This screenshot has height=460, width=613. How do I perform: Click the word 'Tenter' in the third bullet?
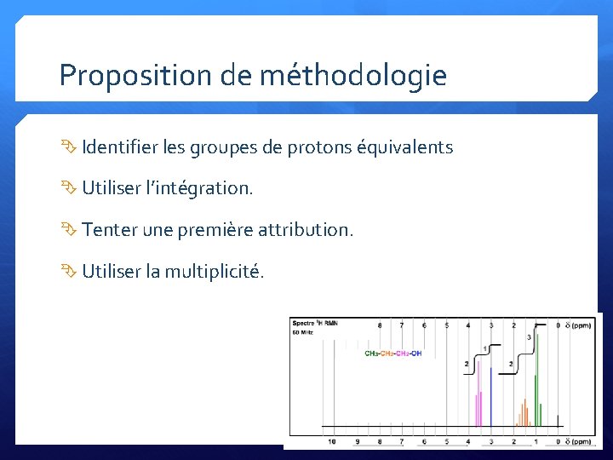click(106, 230)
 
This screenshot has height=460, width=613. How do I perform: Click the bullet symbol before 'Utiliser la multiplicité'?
click(68, 272)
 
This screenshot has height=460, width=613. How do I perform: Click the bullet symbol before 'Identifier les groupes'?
click(68, 147)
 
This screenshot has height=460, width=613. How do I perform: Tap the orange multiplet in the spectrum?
click(523, 413)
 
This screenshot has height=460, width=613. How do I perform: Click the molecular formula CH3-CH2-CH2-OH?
click(392, 354)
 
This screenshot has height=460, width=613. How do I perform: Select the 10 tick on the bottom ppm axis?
click(332, 441)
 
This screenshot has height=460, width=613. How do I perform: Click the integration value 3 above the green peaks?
click(529, 337)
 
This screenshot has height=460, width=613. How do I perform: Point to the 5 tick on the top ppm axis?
click(446, 325)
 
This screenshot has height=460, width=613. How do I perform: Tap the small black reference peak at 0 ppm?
click(558, 420)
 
